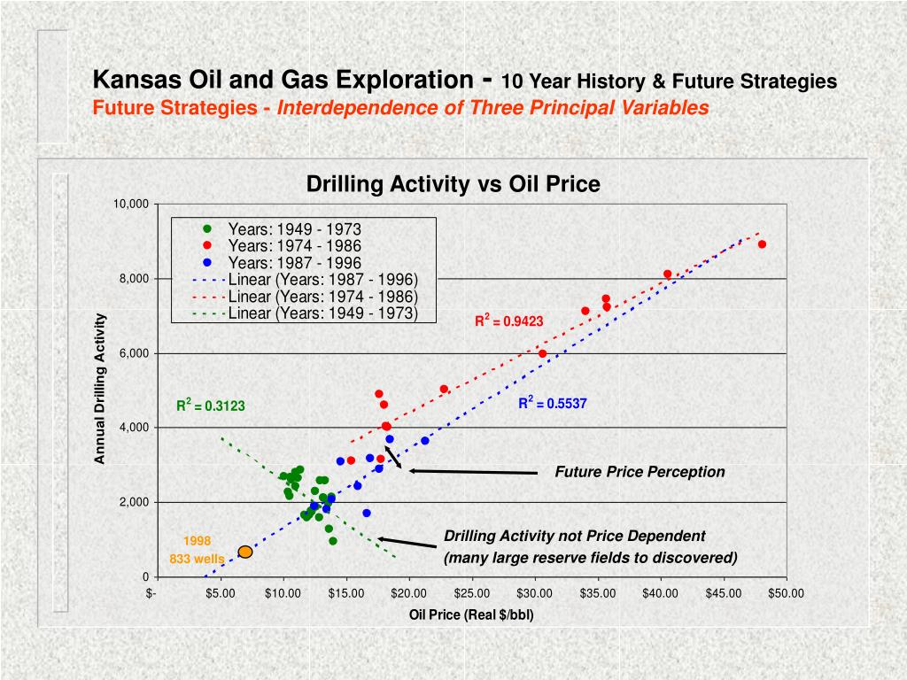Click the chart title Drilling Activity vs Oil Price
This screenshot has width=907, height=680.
tap(453, 184)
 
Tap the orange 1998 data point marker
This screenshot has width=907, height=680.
tap(245, 552)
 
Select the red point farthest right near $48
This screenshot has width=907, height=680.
tap(762, 244)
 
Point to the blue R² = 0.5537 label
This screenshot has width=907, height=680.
tap(553, 404)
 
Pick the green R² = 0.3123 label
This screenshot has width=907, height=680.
tap(210, 406)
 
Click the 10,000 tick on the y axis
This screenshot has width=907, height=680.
tap(130, 205)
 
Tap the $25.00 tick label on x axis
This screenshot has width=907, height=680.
tap(471, 593)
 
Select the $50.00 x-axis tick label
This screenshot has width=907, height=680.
tap(786, 593)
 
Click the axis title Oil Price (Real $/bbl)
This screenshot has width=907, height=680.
tap(471, 615)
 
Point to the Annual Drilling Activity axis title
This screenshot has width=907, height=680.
tap(101, 389)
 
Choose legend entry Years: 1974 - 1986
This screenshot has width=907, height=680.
tap(294, 245)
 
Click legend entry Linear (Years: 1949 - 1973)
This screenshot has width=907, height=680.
tap(322, 313)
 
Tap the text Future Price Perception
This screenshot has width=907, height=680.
tap(640, 472)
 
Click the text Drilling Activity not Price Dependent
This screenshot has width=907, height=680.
tap(574, 536)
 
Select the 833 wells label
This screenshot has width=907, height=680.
tap(197, 559)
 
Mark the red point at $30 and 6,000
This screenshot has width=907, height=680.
tap(542, 353)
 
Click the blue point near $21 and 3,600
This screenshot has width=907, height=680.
tap(425, 440)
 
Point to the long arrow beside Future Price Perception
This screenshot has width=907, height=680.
tap(474, 472)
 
